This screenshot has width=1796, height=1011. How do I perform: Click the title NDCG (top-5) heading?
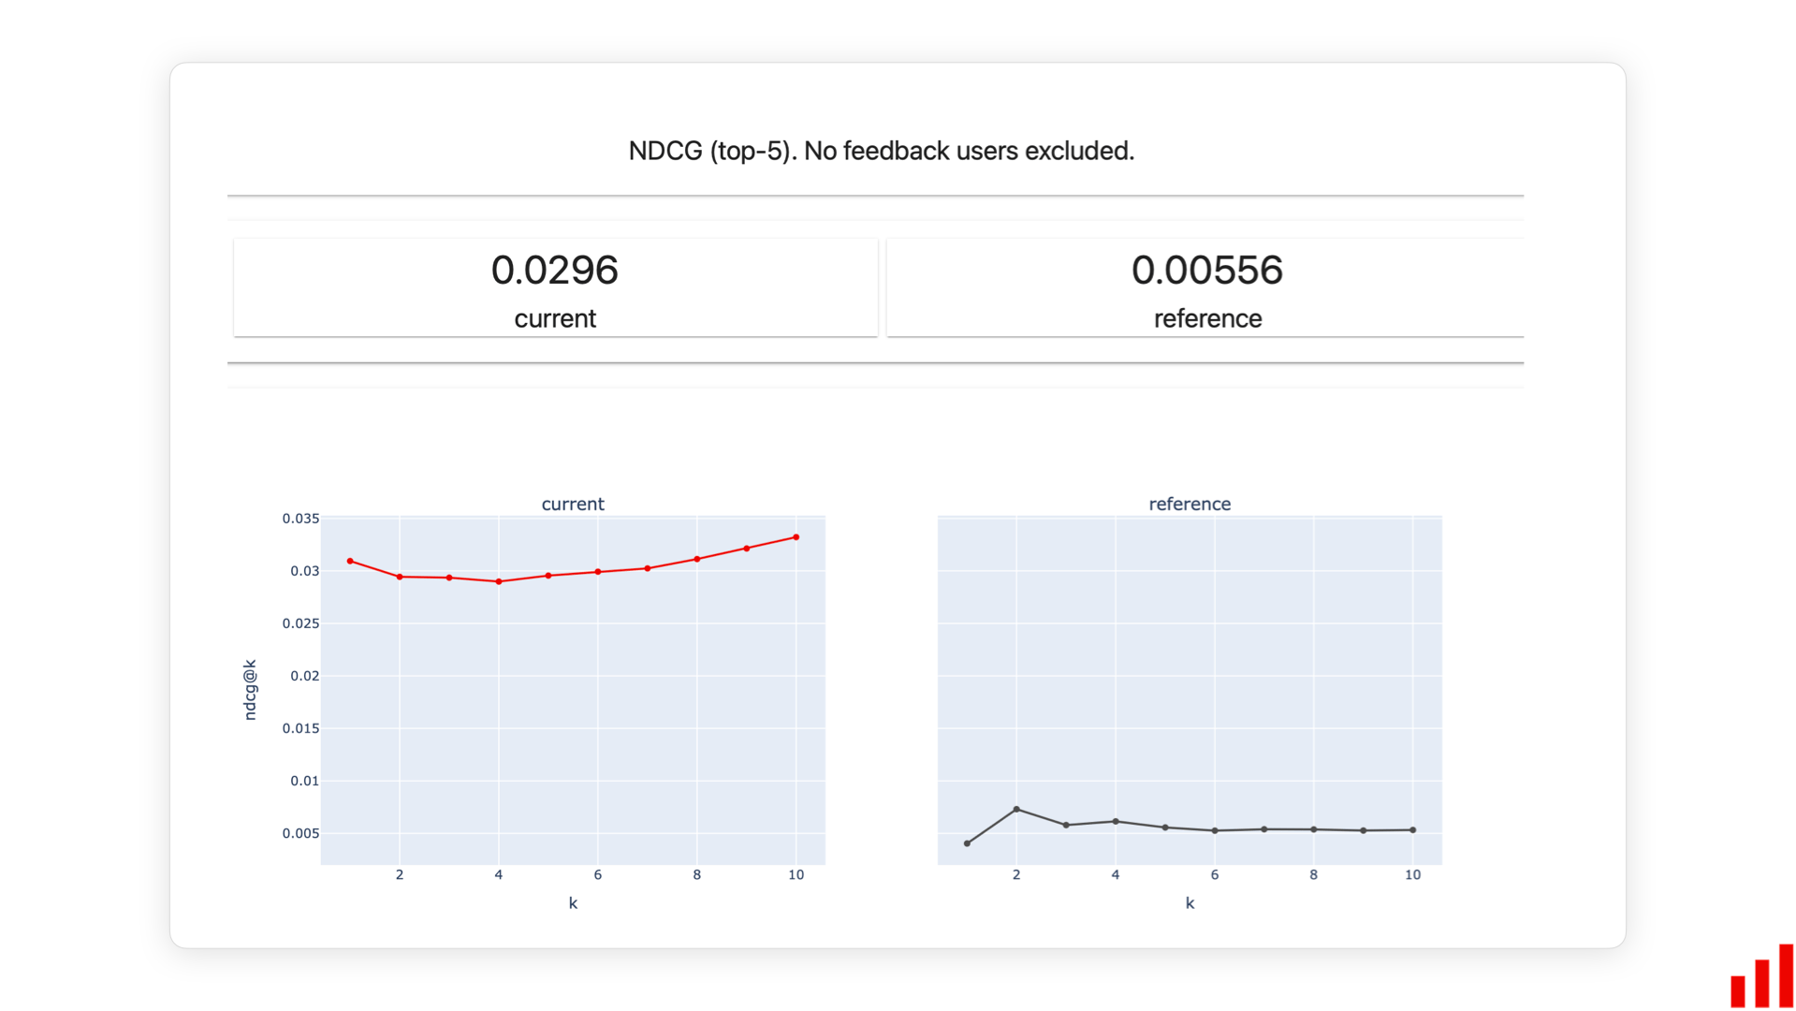coord(881,151)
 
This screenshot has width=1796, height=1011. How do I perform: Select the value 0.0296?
coord(554,271)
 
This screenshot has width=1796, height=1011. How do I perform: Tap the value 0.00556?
coord(1206,271)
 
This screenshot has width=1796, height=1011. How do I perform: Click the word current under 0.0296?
coord(554,318)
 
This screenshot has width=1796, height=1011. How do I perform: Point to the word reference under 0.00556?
coord(1207,318)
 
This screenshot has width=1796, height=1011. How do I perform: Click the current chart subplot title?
coord(573,504)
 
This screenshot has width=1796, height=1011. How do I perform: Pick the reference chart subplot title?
coord(1190,504)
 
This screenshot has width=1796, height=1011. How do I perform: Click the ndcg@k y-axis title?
coord(250,690)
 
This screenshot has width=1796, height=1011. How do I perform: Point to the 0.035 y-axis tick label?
coord(300,519)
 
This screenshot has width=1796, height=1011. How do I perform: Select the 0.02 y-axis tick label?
coord(304,676)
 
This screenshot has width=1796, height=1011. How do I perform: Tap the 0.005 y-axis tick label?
coord(300,833)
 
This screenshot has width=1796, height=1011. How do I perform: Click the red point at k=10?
coord(796,537)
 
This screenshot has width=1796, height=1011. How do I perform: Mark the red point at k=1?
coord(350,562)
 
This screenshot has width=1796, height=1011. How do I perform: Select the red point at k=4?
coord(499,581)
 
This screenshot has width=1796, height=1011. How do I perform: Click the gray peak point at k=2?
coord(1016,810)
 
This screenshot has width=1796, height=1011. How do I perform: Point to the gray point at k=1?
coord(967,843)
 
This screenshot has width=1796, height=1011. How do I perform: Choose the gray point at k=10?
coord(1413,830)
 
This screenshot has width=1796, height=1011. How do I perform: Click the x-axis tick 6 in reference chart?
coord(1215,874)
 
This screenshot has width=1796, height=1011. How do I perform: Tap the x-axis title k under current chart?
coord(573,903)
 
